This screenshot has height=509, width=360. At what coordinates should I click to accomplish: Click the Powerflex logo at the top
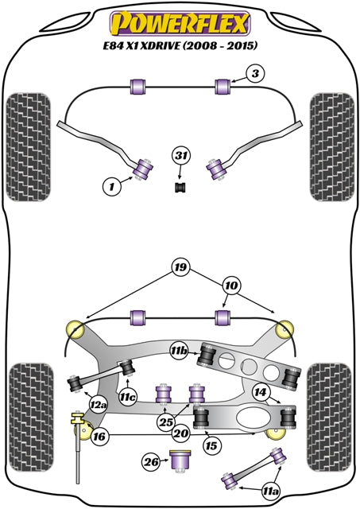(180, 18)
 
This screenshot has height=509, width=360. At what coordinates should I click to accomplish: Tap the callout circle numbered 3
(254, 74)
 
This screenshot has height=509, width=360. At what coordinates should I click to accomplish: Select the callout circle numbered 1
(112, 188)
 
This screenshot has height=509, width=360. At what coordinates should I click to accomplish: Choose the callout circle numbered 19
(180, 268)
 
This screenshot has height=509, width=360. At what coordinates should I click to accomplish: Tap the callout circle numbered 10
(230, 284)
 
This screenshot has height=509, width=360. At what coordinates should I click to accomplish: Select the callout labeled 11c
(128, 394)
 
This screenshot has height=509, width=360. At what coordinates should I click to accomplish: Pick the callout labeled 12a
(98, 406)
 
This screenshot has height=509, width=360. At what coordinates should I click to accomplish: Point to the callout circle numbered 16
(99, 436)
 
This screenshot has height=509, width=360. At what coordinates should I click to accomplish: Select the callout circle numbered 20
(180, 433)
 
